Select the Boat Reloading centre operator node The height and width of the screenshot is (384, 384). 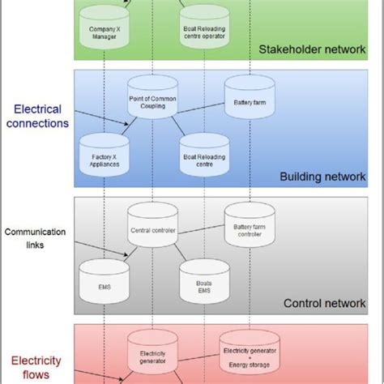click(203, 33)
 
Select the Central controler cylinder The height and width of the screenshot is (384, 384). click(152, 226)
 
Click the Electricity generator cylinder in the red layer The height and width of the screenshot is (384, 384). click(152, 354)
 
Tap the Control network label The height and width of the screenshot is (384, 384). click(324, 304)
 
